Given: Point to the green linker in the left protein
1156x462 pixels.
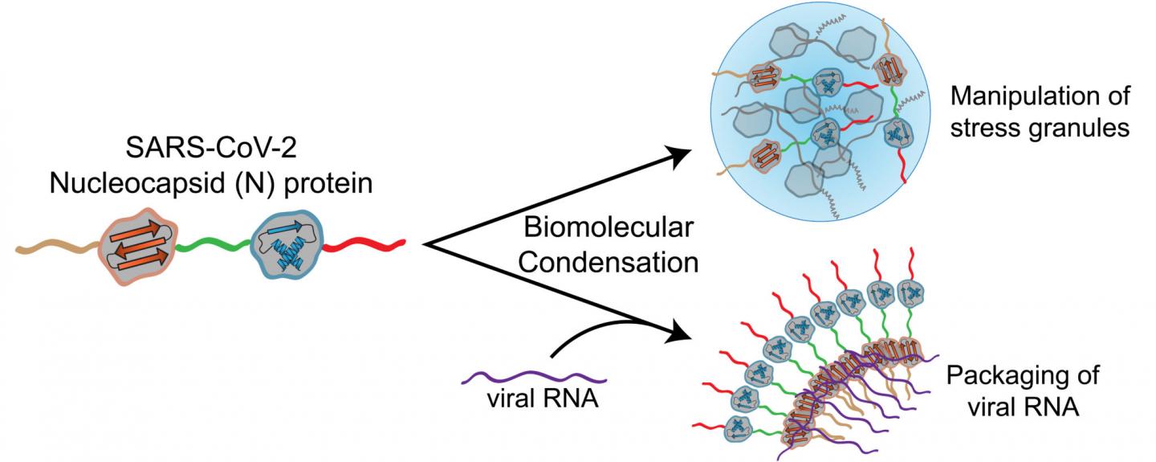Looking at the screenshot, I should (212, 243).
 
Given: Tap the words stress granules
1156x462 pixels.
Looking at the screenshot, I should (1039, 129).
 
